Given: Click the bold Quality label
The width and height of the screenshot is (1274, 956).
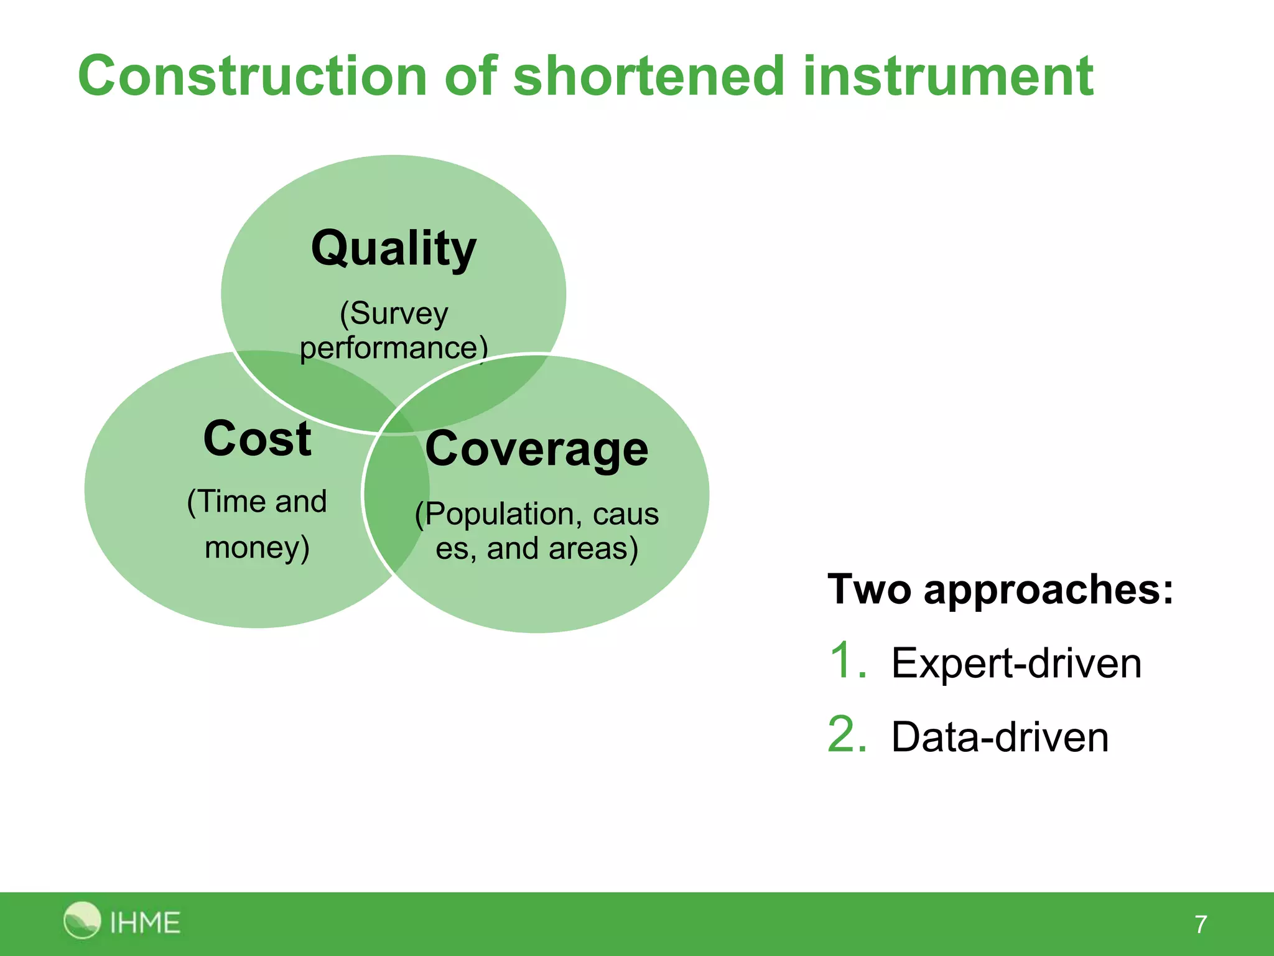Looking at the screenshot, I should coord(393,248).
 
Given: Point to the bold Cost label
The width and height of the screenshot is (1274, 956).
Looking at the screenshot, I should coord(257,439).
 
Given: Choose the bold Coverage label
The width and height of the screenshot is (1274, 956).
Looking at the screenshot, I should coord(536,449).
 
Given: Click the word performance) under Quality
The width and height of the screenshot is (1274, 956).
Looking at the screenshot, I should coord(393,348).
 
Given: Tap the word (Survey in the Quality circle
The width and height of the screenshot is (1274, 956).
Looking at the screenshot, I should coord(393,313).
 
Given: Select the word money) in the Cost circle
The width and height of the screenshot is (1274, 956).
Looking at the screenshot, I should coord(257,548).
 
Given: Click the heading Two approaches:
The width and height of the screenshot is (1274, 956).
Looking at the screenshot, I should coord(1000,589).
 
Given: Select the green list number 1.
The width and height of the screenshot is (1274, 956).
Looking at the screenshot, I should coord(847,661).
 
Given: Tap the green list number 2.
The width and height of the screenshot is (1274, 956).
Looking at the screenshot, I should coord(847,734).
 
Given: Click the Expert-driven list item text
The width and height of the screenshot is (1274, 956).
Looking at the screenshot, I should coord(1016,663).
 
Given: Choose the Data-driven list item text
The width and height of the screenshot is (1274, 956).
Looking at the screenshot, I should coord(1000,738).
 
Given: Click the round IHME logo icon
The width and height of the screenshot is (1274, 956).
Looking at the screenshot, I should coord(81,920).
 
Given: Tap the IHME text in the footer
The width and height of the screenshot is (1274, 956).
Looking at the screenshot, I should coord(145,922).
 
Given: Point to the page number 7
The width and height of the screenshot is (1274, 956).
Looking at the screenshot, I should coord(1201,924).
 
